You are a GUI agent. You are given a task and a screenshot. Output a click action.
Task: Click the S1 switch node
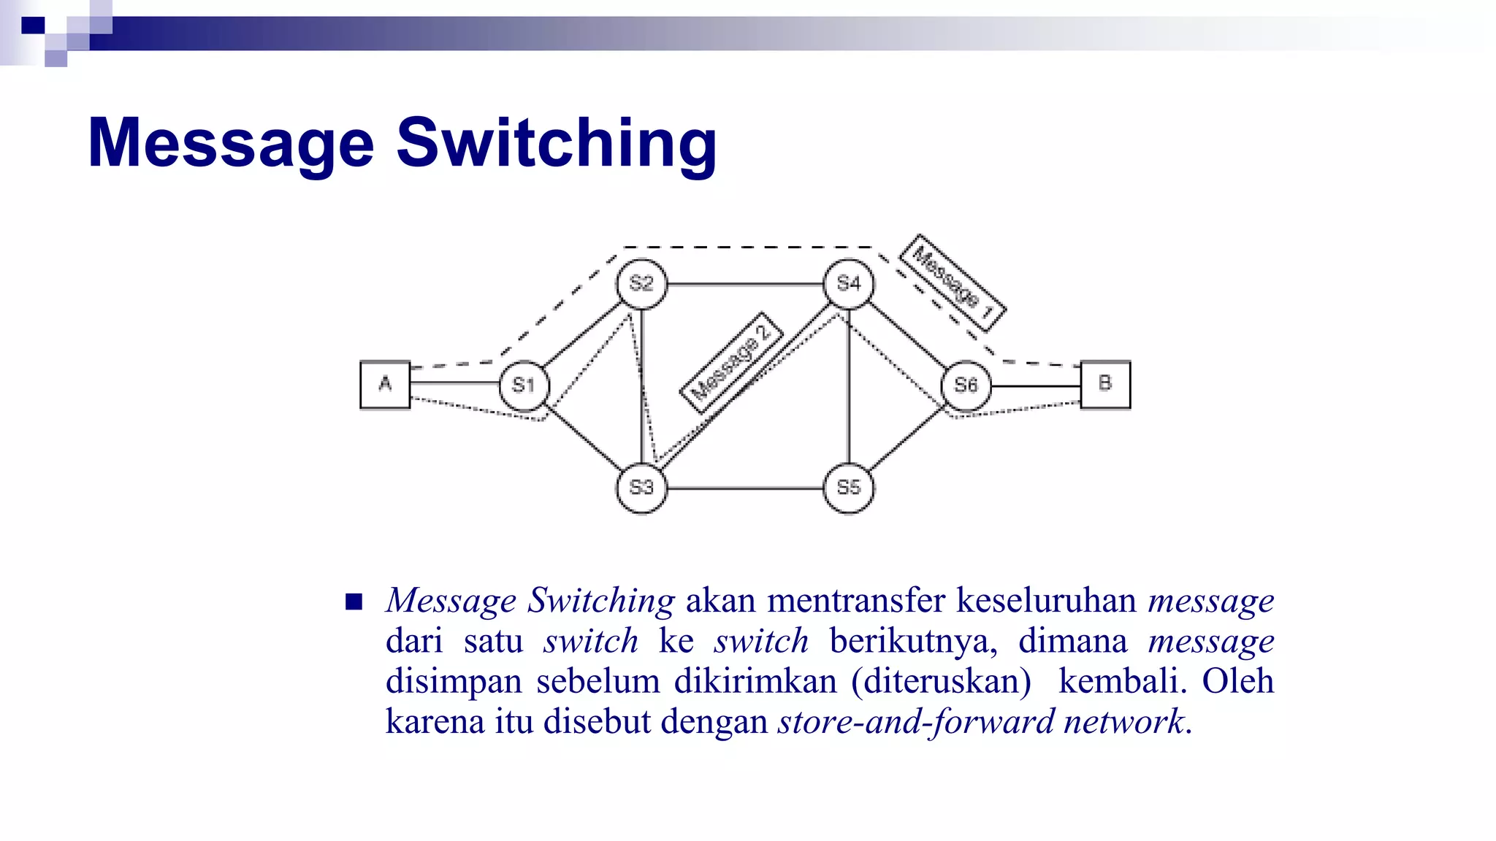524,385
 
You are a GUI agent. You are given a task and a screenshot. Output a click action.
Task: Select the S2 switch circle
641,283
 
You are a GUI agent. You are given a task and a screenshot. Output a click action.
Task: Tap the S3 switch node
641,488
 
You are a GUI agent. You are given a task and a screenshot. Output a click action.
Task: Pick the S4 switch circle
848,283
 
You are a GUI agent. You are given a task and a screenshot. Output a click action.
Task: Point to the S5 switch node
848,488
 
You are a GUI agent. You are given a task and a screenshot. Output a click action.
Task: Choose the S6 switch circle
966,385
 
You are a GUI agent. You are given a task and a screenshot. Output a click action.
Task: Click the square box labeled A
385,384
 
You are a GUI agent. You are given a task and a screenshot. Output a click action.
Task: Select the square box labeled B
1105,384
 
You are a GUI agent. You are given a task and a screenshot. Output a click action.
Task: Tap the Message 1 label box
953,283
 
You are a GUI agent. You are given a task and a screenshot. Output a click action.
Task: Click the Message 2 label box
731,363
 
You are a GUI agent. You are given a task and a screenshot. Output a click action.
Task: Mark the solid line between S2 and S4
745,284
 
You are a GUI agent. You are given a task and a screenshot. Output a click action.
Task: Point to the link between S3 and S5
745,488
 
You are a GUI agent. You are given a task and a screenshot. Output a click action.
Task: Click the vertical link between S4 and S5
848,387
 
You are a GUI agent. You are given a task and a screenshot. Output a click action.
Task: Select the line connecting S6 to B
1036,386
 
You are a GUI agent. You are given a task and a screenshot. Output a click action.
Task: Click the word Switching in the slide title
557,144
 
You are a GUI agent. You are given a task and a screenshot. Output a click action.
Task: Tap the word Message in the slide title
231,144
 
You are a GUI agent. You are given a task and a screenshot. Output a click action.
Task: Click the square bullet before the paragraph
354,602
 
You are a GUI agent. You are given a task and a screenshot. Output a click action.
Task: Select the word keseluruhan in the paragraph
1046,601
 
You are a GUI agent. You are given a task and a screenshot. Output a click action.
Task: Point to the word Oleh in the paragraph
1237,681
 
